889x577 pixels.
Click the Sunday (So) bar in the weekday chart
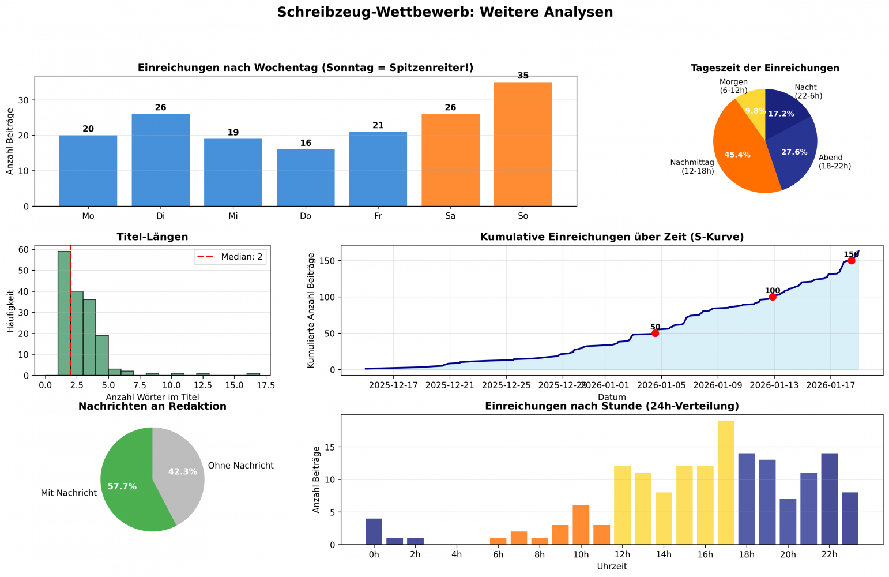tap(523, 144)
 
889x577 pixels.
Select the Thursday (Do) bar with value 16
tap(306, 178)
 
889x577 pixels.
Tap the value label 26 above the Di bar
tap(161, 108)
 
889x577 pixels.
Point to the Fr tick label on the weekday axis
tap(378, 216)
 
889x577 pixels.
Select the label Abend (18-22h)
tap(835, 162)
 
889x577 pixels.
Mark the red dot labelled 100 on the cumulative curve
tap(773, 297)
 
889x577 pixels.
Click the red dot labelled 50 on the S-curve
tap(655, 333)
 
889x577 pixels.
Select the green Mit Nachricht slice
tap(127, 485)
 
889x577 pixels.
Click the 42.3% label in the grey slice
tap(182, 471)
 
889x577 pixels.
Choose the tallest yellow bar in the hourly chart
tap(726, 482)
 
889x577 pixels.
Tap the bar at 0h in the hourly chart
tap(374, 531)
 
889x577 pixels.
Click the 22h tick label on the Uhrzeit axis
tap(829, 555)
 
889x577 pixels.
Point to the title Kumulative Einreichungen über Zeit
tap(612, 237)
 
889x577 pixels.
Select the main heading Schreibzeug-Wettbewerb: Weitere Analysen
tap(444, 12)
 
